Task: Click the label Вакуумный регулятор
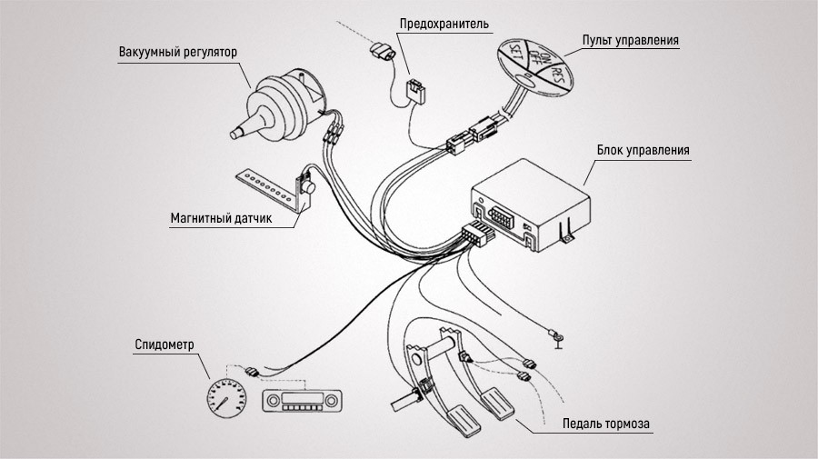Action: (x=178, y=52)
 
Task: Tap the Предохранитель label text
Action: (x=444, y=23)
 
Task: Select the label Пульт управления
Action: (x=631, y=40)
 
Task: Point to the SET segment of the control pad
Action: (x=515, y=61)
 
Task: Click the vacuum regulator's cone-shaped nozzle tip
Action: (x=238, y=132)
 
